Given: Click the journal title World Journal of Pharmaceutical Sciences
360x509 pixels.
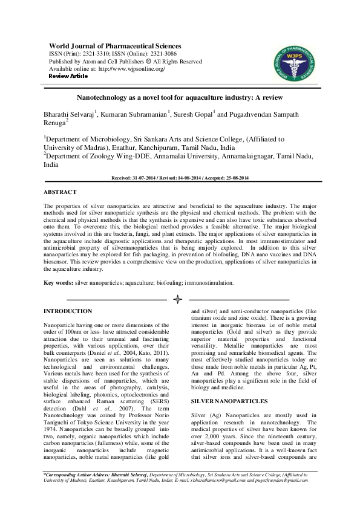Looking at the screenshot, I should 114,46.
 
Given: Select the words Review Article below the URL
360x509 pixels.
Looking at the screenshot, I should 68,76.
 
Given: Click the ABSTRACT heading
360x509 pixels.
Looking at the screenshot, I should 60,192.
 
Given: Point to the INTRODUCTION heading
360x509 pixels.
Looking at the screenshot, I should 68,311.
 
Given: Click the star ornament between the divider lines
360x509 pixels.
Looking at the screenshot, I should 178,299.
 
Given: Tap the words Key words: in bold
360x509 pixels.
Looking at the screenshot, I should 59,282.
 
